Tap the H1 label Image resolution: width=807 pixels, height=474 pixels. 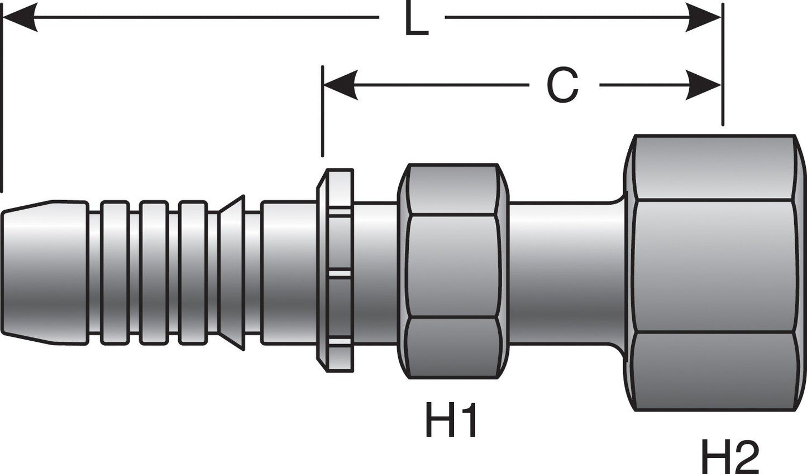(451, 422)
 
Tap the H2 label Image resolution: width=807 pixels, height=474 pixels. (730, 457)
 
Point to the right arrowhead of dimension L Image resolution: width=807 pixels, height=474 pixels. (704, 17)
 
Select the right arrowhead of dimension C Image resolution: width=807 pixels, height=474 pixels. (704, 85)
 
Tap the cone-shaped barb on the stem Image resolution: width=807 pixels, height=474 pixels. (232, 272)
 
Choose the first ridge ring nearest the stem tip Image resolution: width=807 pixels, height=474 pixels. (114, 272)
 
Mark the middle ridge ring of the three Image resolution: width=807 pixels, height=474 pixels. (154, 272)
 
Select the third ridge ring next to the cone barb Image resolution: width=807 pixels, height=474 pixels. (193, 272)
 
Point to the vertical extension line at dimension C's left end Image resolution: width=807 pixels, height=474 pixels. (322, 112)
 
